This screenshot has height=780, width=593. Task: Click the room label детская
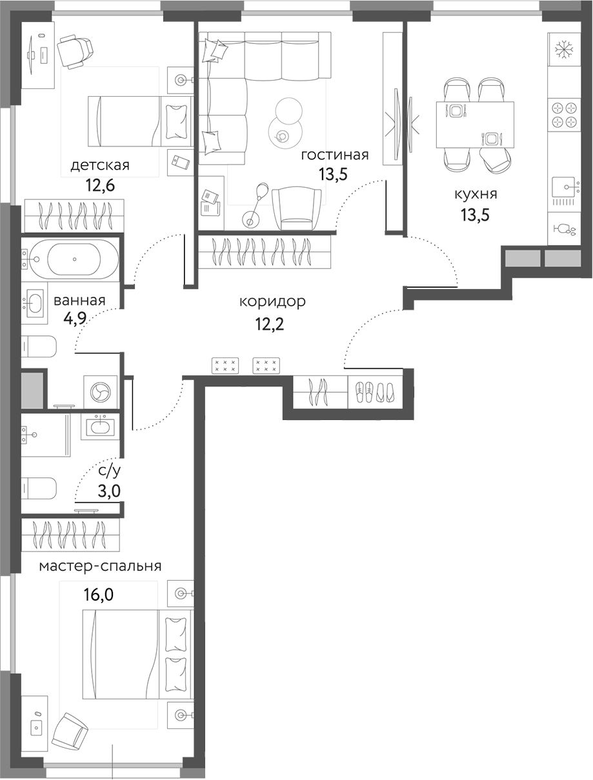(100, 165)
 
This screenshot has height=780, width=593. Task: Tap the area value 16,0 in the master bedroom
(99, 594)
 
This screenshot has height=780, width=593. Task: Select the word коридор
(272, 301)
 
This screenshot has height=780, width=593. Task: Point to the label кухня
(475, 194)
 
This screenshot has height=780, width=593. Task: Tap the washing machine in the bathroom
(100, 392)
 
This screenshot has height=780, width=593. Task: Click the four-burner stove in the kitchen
(565, 115)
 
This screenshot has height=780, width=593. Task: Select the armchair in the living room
(296, 207)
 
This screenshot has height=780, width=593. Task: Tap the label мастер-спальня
(100, 566)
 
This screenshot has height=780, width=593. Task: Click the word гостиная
(334, 155)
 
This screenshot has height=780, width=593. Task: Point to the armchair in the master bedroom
(71, 732)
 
